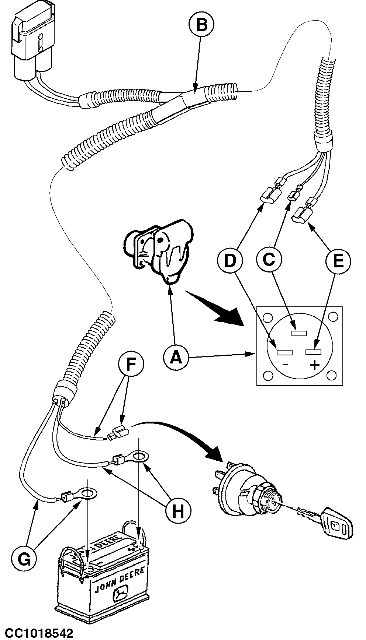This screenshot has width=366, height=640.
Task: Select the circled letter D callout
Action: pos(229,261)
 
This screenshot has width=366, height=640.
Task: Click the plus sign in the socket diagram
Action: pos(314,365)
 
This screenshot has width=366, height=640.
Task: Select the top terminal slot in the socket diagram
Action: pos(299,334)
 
